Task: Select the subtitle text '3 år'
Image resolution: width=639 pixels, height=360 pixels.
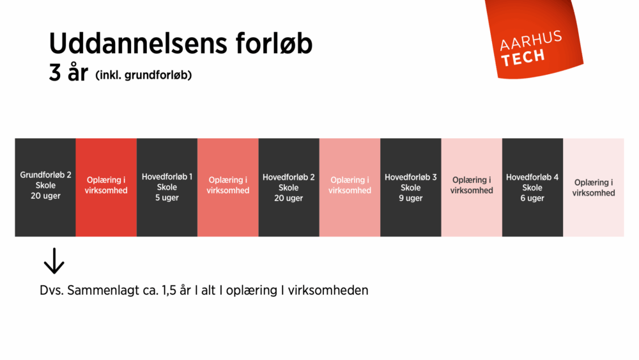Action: (x=68, y=74)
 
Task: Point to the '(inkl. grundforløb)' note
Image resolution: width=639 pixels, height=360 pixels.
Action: (x=144, y=75)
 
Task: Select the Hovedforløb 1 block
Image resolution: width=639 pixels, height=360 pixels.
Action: (x=167, y=187)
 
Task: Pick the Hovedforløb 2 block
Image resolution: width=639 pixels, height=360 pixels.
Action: (x=289, y=187)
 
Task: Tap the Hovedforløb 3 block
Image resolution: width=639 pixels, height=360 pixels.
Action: (x=411, y=187)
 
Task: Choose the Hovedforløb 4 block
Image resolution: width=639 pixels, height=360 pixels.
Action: (x=532, y=187)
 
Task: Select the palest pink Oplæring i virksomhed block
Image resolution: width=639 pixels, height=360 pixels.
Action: (x=594, y=187)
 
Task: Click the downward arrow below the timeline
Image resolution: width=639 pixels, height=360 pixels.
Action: (x=54, y=261)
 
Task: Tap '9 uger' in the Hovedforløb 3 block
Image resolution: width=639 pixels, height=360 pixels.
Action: (x=411, y=198)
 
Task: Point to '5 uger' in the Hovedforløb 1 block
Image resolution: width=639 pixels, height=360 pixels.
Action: (x=167, y=198)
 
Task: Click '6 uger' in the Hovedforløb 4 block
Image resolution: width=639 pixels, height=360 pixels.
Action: (x=532, y=198)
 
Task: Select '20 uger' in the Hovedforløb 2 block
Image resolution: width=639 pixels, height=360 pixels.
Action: (x=289, y=198)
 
